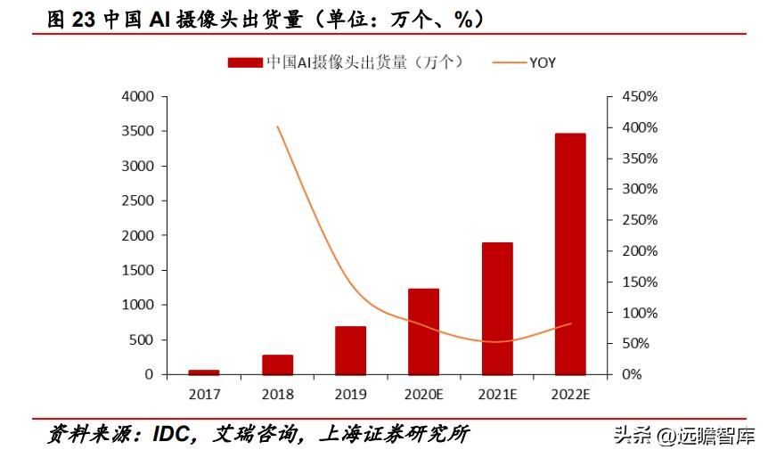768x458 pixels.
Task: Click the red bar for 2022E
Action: (x=570, y=254)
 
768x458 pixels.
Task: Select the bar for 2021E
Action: (x=497, y=308)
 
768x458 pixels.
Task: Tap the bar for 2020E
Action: (x=424, y=331)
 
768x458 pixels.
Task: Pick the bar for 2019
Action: (x=350, y=350)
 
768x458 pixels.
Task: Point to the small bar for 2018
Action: (x=277, y=364)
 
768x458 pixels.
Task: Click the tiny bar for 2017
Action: (x=204, y=372)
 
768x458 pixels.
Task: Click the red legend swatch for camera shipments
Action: (x=245, y=62)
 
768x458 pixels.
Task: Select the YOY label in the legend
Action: (x=543, y=62)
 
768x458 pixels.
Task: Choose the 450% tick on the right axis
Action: (x=639, y=96)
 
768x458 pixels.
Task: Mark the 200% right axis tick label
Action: (x=639, y=251)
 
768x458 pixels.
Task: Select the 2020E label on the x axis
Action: (x=424, y=393)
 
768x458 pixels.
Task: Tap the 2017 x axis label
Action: (x=204, y=393)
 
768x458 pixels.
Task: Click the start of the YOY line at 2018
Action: (x=278, y=127)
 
